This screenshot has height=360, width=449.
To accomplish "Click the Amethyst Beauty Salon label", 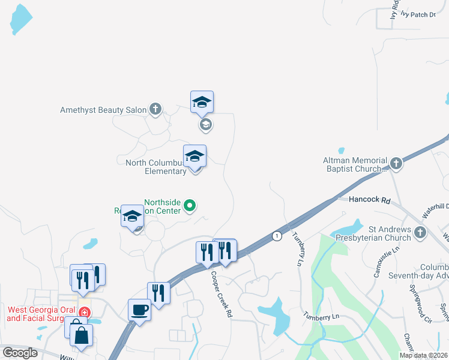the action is click(x=103, y=110).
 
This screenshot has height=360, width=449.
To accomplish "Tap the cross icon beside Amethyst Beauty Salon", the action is click(x=155, y=109).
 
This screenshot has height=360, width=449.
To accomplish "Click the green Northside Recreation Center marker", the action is click(x=190, y=206).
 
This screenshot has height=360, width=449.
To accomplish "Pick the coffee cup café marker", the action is click(x=139, y=310).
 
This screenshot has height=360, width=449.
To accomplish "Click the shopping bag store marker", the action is click(x=81, y=335).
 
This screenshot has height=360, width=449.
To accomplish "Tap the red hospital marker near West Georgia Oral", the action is click(x=85, y=313).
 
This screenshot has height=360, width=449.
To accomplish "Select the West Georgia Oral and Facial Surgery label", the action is click(x=39, y=314).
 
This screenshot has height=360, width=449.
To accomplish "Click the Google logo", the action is click(x=20, y=352).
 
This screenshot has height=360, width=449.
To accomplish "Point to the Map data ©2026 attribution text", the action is click(x=423, y=355).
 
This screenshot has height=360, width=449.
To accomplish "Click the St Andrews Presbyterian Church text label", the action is click(x=390, y=233).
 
